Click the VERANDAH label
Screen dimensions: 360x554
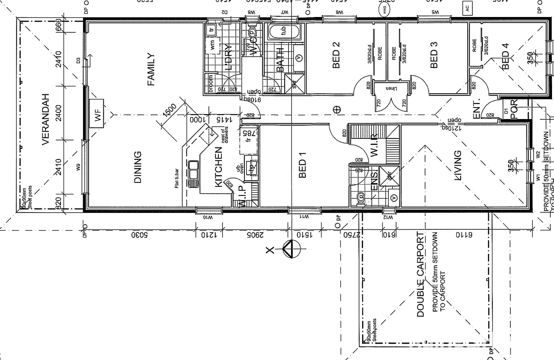click(x=46, y=119)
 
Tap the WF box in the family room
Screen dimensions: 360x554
click(x=97, y=113)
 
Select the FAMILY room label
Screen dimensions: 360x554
click(x=151, y=69)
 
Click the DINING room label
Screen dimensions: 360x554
click(x=138, y=167)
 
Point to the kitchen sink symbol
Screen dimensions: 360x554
click(x=193, y=174)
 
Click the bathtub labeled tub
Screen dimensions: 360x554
click(x=283, y=31)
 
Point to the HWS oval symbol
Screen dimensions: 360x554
click(x=386, y=10)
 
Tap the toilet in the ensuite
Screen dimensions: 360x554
click(x=360, y=199)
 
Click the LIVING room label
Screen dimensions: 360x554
click(x=458, y=166)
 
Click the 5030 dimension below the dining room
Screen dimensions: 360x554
click(x=139, y=235)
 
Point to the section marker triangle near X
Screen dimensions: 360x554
click(x=291, y=249)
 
